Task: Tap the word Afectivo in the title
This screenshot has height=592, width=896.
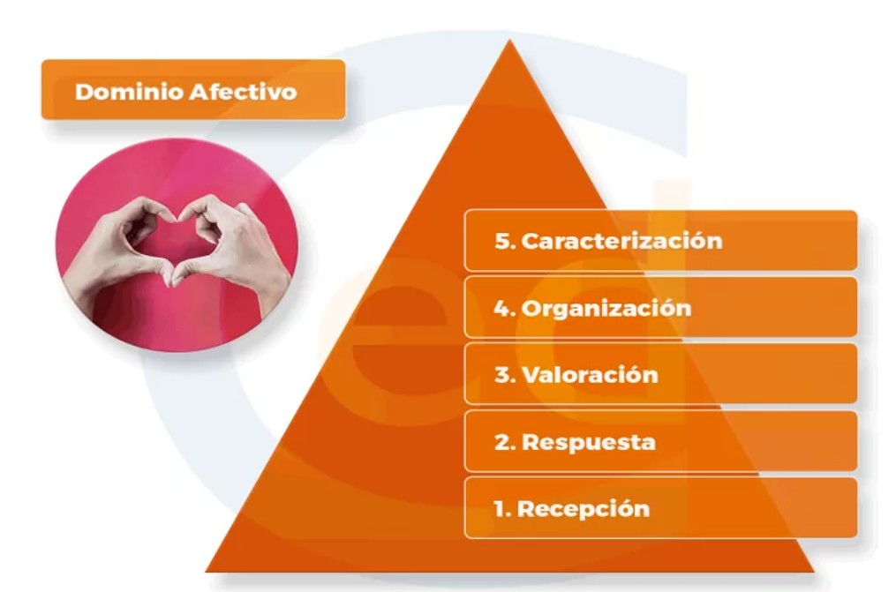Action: pos(244,92)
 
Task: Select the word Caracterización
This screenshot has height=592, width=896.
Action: pos(621,241)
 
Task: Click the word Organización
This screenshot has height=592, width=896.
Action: pos(606,308)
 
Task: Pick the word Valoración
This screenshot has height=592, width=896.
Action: pos(590,375)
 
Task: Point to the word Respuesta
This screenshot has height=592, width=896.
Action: pos(589,442)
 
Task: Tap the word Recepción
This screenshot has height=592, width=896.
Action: pos(584,509)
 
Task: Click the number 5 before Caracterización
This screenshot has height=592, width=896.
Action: pos(503,241)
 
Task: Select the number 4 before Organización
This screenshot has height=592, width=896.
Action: pos(503,308)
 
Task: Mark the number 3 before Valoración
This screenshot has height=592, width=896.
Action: pos(503,375)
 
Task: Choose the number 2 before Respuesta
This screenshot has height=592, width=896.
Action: pos(503,442)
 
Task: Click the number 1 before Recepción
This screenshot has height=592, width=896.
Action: pos(501,509)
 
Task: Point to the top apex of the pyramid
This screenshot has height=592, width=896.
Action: pos(509,40)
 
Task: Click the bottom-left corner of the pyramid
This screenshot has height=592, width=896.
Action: pos(207,570)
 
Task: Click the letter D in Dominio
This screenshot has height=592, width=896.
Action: pos(84,92)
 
